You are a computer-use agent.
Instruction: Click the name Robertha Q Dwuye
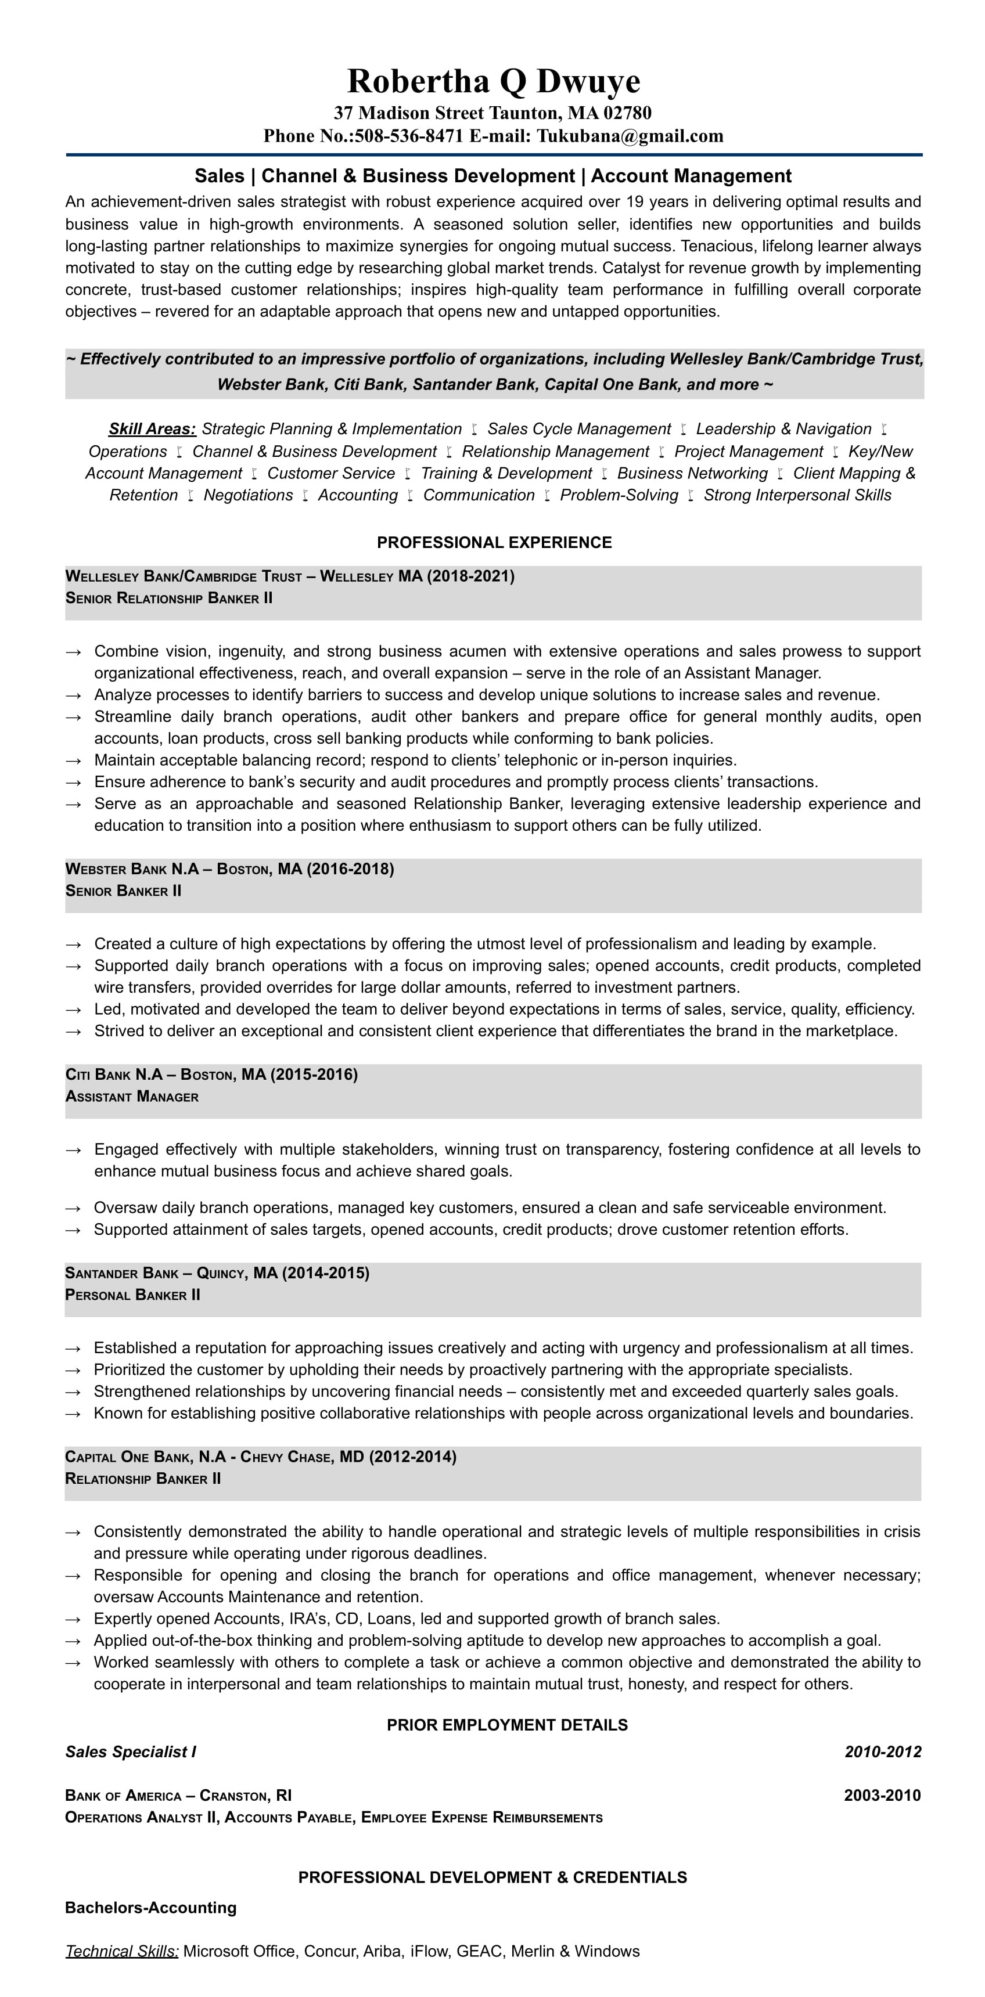[x=493, y=81]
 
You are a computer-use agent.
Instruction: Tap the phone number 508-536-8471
[x=409, y=136]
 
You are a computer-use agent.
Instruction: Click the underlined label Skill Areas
[x=152, y=428]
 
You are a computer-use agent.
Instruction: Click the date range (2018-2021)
[x=471, y=576]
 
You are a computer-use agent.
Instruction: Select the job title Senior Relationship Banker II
[x=169, y=598]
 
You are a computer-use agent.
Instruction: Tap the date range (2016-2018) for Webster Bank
[x=351, y=868]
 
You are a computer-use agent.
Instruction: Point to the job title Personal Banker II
[x=132, y=1295]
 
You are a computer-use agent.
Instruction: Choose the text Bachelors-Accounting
[x=150, y=1907]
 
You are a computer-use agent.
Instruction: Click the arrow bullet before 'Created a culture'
[x=74, y=945]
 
